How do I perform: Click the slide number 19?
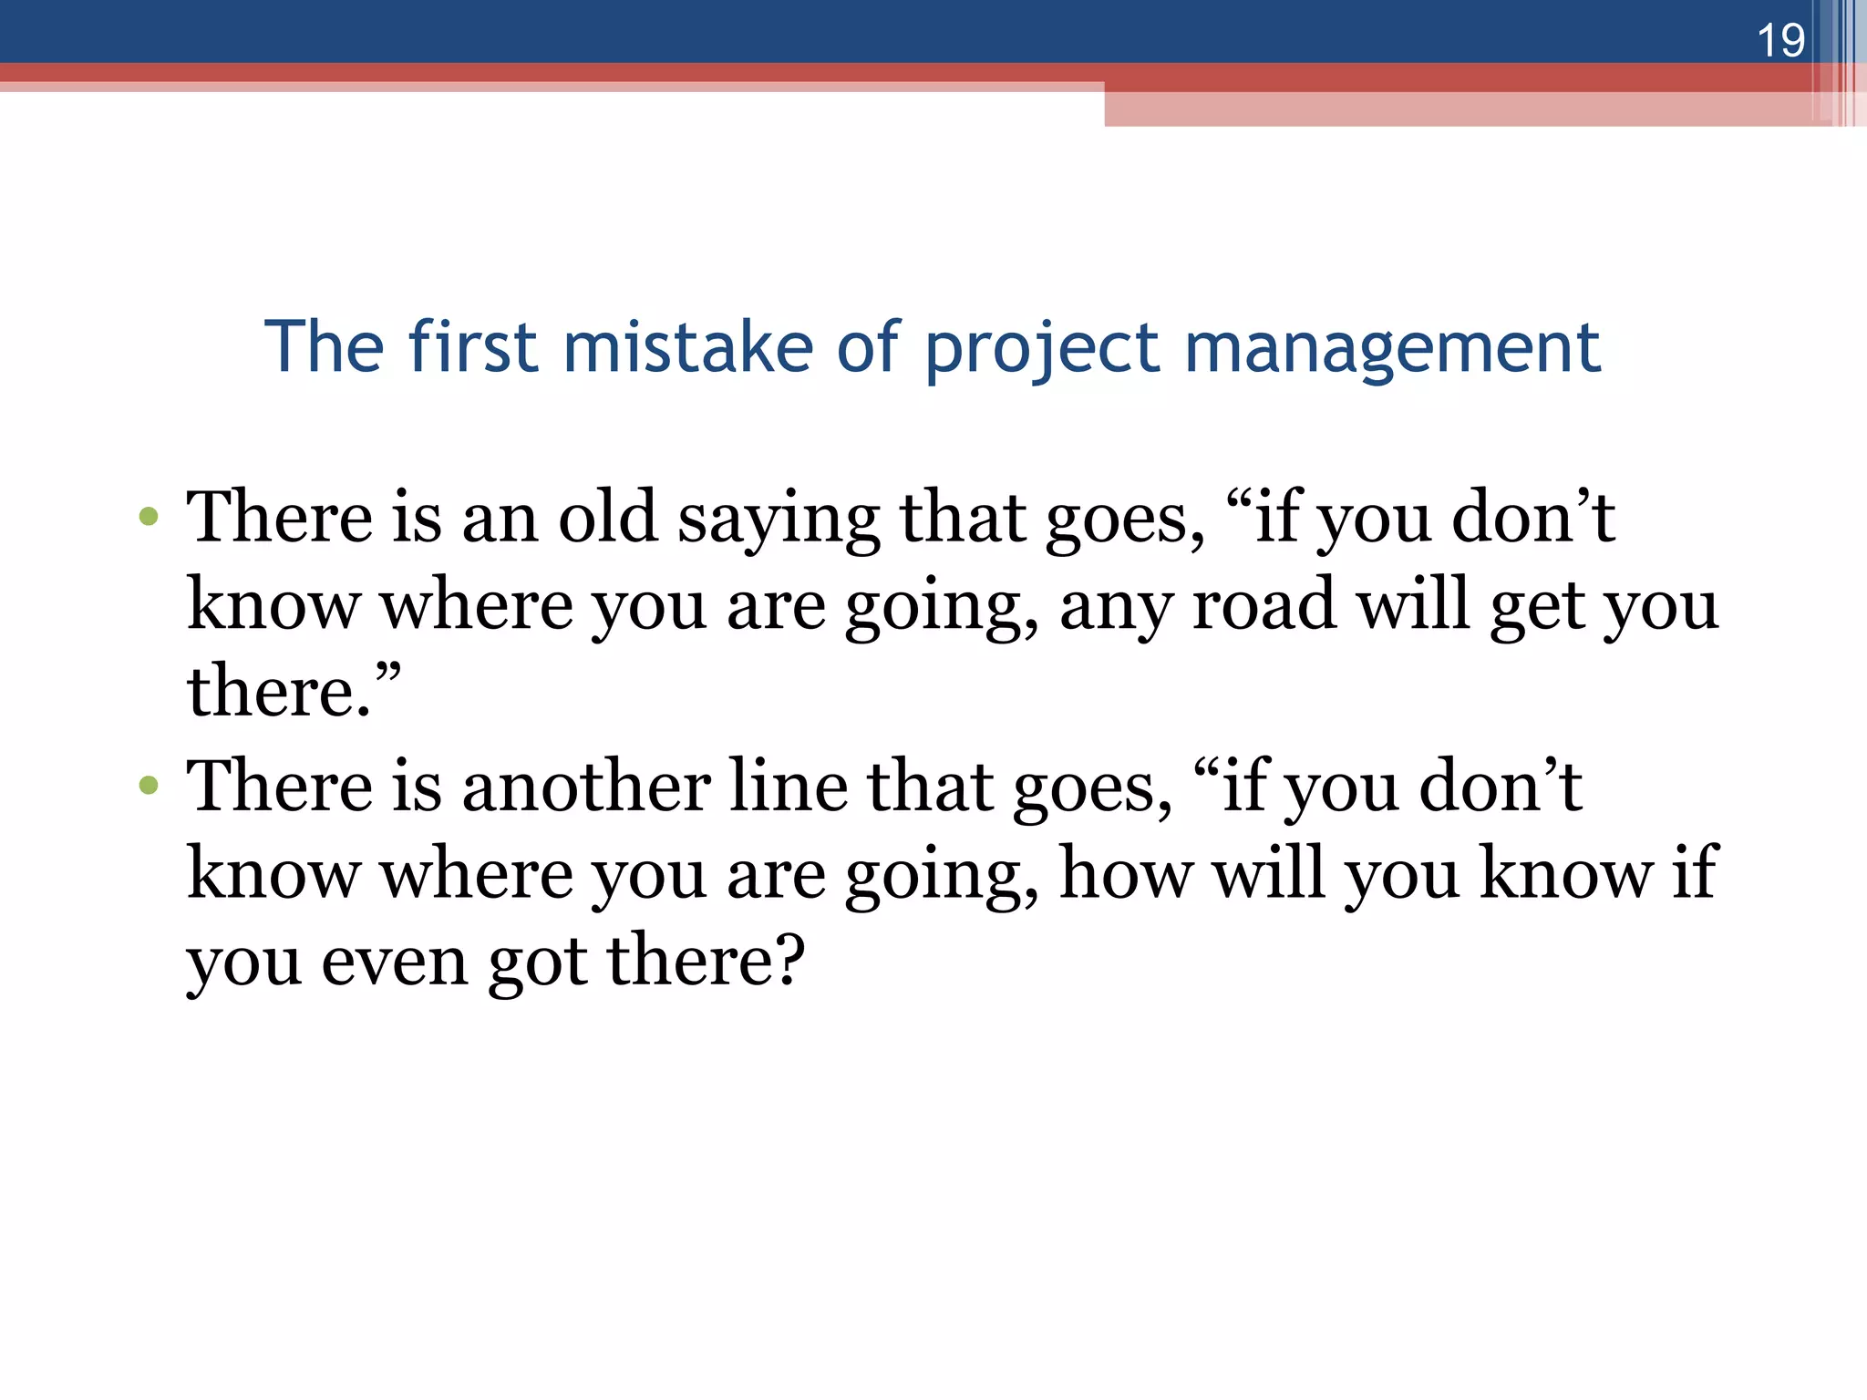(1779, 41)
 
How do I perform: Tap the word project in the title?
(1041, 349)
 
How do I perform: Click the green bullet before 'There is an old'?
(149, 518)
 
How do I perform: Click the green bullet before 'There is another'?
(149, 785)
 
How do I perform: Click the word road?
(1264, 604)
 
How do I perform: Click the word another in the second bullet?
(586, 785)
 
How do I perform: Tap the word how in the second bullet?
(1126, 872)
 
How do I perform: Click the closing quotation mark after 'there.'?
(387, 678)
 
